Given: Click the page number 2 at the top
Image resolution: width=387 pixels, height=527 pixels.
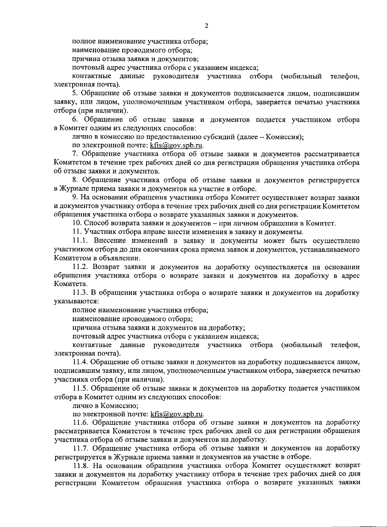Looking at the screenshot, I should coord(206,26).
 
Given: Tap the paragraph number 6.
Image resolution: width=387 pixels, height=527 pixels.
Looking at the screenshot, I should coord(74,120).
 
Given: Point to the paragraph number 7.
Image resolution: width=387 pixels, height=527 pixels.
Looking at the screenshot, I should coord(74,154).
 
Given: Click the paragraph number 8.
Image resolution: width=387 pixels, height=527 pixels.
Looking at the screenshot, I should coord(74,180).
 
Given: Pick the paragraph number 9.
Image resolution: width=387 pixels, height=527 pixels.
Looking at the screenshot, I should coord(74,197).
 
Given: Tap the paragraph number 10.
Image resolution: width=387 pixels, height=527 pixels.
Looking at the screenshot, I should coord(76,223).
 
